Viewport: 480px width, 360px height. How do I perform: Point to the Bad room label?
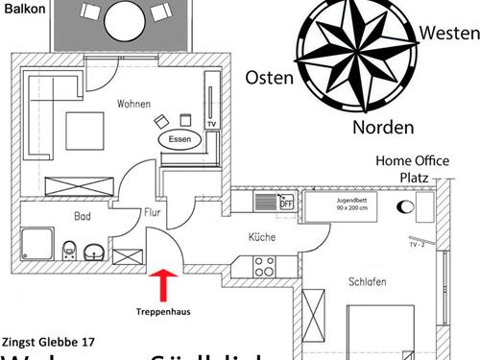(83, 218)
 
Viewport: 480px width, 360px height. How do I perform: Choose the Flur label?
(152, 212)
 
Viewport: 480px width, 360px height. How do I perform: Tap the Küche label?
(262, 236)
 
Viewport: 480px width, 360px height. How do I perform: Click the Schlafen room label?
(368, 281)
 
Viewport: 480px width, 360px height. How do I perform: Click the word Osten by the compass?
(270, 77)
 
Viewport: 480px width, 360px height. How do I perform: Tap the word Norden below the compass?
(382, 127)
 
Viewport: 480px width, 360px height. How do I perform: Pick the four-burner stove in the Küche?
(264, 265)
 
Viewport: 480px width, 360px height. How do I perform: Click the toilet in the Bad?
(67, 252)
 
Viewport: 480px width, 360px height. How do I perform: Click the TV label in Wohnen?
(211, 125)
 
